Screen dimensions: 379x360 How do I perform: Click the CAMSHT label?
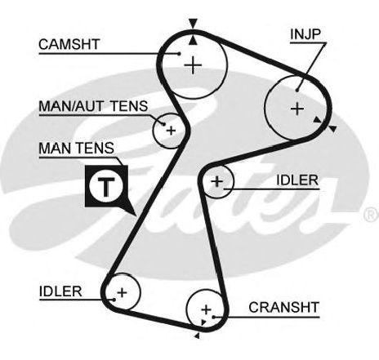point(69,44)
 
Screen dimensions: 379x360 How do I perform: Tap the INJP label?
point(305,34)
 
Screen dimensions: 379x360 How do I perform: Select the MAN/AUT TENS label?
point(93,106)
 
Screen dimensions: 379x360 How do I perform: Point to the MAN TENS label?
point(76,149)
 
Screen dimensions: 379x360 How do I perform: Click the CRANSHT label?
point(283,308)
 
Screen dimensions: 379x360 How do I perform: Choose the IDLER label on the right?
point(297,180)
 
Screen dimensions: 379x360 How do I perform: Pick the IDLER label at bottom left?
point(60,291)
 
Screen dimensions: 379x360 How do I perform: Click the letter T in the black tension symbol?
point(106,187)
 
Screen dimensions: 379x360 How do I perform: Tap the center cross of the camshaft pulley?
point(193,65)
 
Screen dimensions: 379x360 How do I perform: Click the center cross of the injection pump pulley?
point(297,109)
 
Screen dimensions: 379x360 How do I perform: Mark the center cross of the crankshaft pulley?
point(206,309)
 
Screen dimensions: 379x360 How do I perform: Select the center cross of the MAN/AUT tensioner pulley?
point(171,131)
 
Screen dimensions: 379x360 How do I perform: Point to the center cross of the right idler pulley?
point(217,181)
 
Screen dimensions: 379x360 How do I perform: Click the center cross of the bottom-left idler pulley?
point(122,293)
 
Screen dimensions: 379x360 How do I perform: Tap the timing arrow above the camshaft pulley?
point(193,23)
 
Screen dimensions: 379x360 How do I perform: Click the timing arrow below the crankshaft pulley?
point(197,336)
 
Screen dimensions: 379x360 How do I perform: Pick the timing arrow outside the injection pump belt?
point(332,129)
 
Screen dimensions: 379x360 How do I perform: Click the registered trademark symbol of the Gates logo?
point(371,215)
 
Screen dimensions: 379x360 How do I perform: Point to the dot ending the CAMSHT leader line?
point(179,54)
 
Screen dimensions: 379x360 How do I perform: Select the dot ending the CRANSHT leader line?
point(214,317)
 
